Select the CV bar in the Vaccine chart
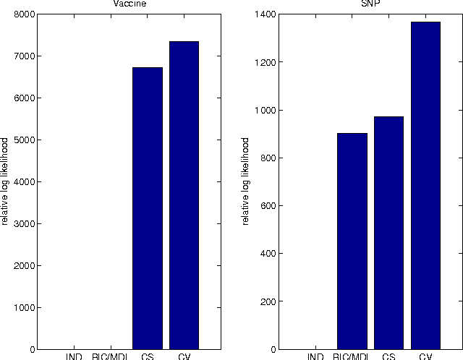[x=184, y=195]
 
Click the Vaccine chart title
[x=127, y=4]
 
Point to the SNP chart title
[x=370, y=4]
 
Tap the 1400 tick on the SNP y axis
[x=266, y=14]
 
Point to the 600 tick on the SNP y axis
[x=269, y=206]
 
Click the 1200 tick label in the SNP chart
[x=266, y=62]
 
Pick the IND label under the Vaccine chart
[x=74, y=356]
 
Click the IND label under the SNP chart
[x=316, y=356]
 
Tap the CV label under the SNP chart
[x=425, y=356]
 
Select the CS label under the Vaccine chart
[x=148, y=356]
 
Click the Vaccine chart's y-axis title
[x=5, y=181]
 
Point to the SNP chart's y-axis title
[x=247, y=181]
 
